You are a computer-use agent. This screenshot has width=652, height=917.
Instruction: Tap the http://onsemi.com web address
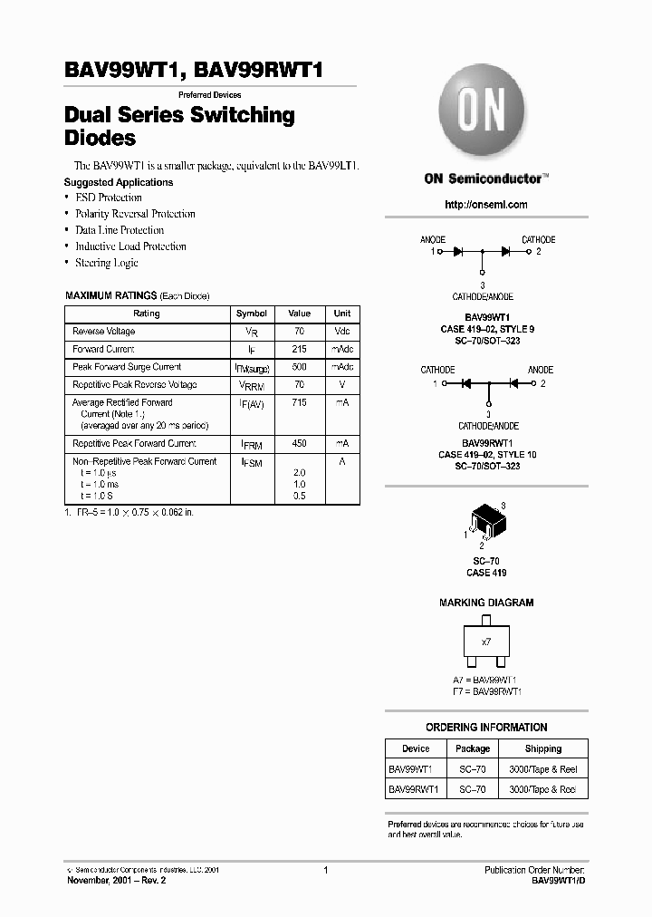tap(485, 205)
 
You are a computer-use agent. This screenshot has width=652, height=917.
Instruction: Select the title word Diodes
tap(101, 139)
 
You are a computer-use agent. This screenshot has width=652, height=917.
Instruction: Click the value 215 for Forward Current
tap(299, 349)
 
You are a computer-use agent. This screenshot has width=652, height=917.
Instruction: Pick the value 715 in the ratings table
tap(299, 402)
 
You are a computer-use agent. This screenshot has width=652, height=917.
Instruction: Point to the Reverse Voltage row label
tap(104, 332)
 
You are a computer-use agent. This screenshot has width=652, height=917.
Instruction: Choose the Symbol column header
tap(251, 314)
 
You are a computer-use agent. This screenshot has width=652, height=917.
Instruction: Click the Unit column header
tap(341, 314)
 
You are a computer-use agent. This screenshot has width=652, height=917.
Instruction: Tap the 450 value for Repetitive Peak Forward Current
tap(299, 444)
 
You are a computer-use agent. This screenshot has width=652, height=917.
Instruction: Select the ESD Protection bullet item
tap(109, 198)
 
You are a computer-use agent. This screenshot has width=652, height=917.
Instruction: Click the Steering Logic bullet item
tap(107, 263)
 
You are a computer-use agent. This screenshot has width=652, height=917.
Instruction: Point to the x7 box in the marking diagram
tap(485, 642)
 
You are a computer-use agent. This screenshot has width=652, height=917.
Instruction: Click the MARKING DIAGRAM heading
tap(486, 603)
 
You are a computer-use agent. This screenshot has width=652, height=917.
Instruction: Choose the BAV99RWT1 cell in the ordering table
tap(414, 789)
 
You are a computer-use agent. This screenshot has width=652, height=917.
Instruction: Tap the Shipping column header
tap(543, 749)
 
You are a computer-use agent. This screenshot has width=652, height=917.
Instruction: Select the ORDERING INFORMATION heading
tap(486, 728)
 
